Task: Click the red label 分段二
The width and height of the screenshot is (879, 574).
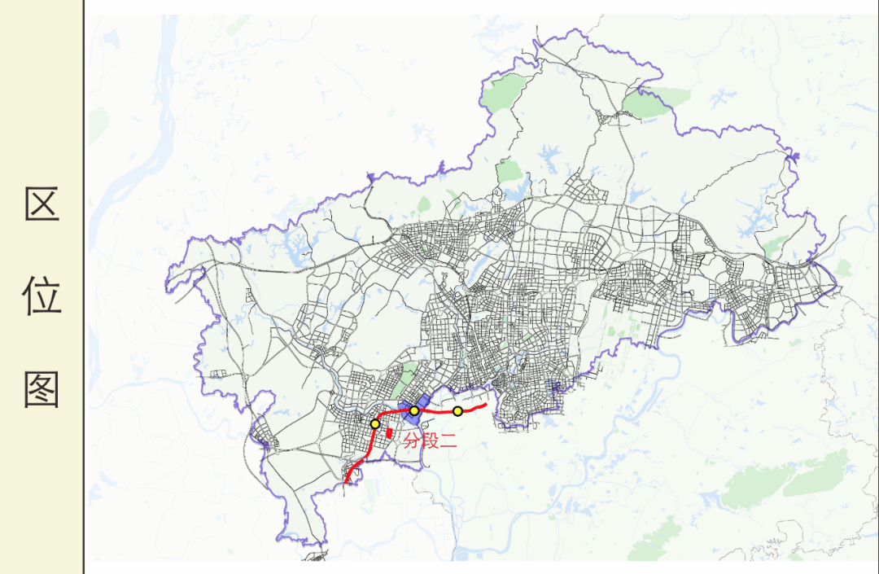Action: pyautogui.click(x=430, y=442)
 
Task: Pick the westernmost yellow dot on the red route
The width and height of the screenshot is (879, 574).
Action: pyautogui.click(x=375, y=424)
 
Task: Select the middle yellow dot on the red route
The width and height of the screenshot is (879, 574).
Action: pyautogui.click(x=414, y=411)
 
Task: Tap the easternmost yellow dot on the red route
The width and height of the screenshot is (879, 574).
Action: pyautogui.click(x=458, y=411)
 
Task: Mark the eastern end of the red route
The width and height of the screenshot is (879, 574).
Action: pyautogui.click(x=485, y=405)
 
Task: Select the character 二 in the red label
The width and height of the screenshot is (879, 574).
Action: pyautogui.click(x=448, y=442)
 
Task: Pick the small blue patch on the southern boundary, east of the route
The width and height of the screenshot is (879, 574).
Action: pyautogui.click(x=556, y=391)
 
